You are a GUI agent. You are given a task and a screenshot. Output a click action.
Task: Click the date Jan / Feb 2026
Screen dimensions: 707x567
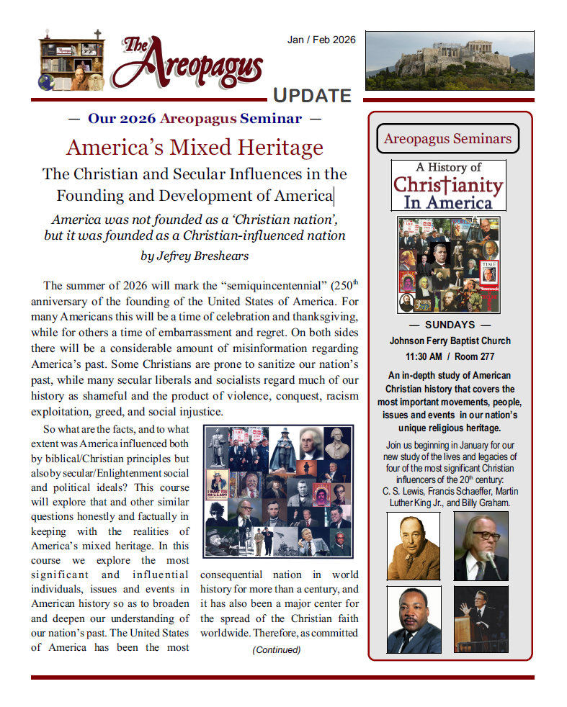click(321, 40)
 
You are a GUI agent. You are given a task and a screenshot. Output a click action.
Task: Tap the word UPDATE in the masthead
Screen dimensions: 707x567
click(312, 96)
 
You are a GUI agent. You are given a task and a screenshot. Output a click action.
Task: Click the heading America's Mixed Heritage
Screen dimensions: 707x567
click(195, 148)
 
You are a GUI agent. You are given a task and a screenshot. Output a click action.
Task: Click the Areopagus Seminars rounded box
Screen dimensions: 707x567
click(447, 139)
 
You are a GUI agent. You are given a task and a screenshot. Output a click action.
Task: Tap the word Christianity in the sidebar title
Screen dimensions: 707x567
click(447, 185)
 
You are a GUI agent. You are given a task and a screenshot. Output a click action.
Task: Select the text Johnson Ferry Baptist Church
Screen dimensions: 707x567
click(450, 341)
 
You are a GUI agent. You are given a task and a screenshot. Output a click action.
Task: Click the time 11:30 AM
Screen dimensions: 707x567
click(424, 356)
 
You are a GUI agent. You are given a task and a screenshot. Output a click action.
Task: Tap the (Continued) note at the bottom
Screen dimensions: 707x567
click(276, 650)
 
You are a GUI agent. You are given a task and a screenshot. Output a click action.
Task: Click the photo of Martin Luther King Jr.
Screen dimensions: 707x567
click(414, 619)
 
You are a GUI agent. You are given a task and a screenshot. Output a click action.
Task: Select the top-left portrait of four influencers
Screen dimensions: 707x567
click(414, 546)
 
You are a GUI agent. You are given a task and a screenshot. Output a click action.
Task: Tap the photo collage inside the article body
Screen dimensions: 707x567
click(277, 492)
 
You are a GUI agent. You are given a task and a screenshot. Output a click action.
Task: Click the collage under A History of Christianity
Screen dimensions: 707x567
click(449, 264)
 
